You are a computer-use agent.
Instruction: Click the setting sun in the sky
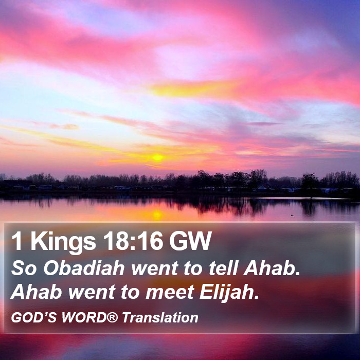[x=157, y=157]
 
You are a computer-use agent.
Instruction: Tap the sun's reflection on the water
[x=157, y=214]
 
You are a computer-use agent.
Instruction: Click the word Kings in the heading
[x=63, y=242]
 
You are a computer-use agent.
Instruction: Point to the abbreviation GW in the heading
[x=190, y=241]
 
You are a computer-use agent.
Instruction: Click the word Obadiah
[x=84, y=268]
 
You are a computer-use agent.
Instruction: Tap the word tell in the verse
[x=223, y=268]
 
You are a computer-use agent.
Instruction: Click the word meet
[x=170, y=292]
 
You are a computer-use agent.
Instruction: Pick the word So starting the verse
[x=24, y=268]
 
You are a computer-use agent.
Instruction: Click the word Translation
[x=160, y=318]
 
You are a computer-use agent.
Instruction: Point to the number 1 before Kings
[x=17, y=241]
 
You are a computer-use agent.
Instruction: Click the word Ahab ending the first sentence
[x=272, y=268]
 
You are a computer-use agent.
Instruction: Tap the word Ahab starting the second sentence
[x=37, y=292]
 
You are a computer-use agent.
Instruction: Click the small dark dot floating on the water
[x=292, y=215]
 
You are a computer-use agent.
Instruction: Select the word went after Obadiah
[x=155, y=268]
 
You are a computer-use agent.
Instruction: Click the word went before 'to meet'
[x=92, y=293]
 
